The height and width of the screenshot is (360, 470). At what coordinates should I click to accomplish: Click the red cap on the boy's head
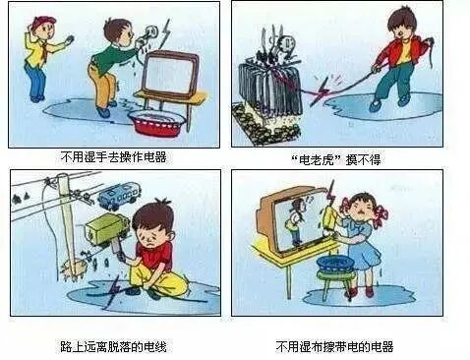[x=42, y=21]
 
